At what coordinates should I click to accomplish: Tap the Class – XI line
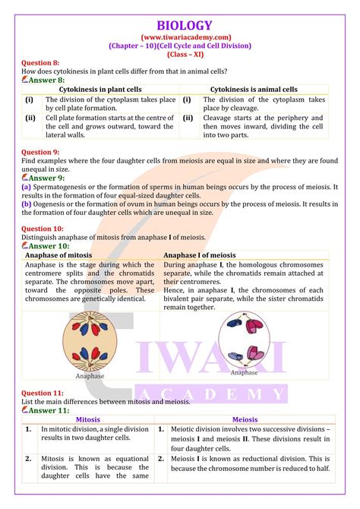click(x=180, y=55)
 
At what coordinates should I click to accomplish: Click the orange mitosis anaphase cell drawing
click(x=90, y=340)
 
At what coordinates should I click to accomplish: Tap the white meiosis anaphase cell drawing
click(x=245, y=338)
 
